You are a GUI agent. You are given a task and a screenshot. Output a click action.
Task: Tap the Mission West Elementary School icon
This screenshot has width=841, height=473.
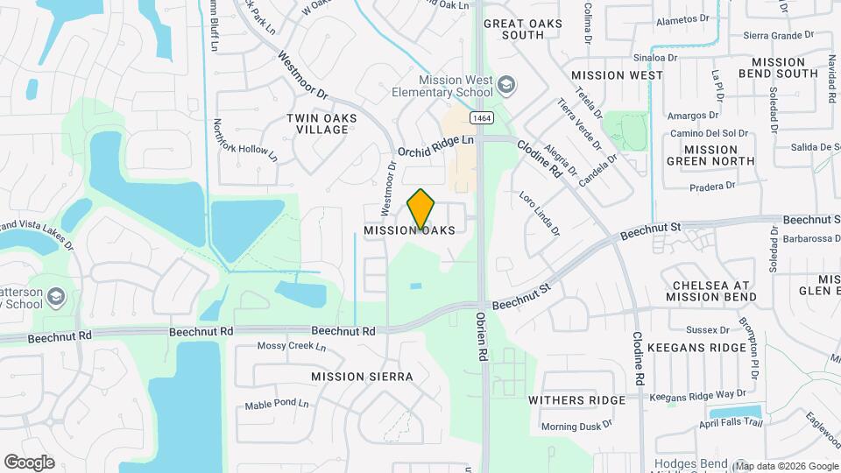pos(505,85)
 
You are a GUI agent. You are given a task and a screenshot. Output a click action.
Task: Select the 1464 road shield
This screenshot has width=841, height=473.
pos(479,117)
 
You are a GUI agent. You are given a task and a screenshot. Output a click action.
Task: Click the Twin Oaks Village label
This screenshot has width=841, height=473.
pos(317,123)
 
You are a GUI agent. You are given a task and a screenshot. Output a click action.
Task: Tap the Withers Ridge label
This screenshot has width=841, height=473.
pos(576,399)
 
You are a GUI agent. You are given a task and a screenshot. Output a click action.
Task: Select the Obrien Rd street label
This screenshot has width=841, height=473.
pos(482,337)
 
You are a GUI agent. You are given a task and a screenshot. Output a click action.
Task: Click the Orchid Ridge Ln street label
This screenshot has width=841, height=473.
pos(435,145)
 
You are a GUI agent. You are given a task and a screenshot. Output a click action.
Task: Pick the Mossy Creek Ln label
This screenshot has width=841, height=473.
pos(291,346)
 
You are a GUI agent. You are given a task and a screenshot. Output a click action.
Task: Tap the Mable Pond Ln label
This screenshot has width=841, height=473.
pos(277,404)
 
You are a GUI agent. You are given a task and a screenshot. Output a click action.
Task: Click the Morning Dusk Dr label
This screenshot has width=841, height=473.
pos(576,427)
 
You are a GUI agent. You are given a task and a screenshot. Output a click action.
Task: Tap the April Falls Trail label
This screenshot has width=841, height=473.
pos(732,423)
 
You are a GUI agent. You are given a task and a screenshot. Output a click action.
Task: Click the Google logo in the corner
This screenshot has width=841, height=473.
pos(29,462)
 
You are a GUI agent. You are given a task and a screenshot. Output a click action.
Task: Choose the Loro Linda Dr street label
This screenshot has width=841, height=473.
pos(539,215)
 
